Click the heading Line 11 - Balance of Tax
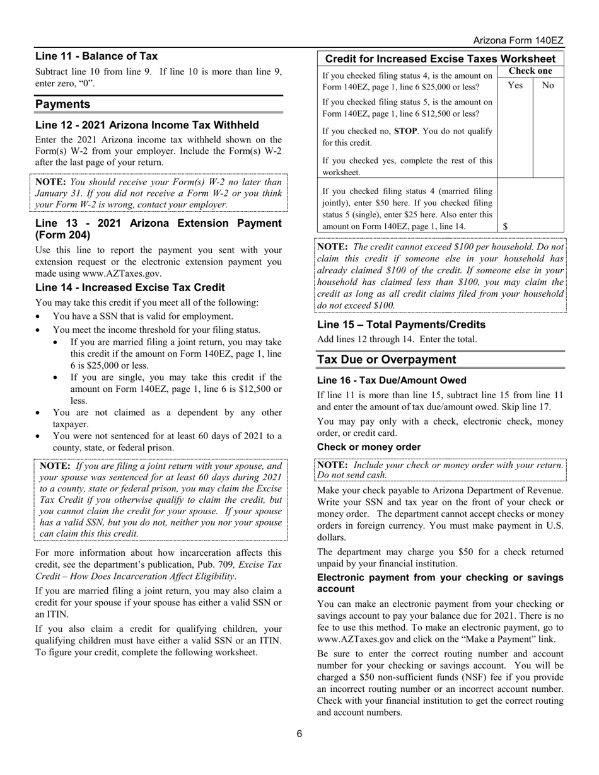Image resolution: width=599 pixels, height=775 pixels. point(96,56)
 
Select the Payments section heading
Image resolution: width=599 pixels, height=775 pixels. point(62,104)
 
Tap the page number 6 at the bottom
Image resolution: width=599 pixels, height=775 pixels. point(299,733)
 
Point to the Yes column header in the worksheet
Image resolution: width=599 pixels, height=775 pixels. point(515,85)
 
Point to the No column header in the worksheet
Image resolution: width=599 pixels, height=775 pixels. point(548,85)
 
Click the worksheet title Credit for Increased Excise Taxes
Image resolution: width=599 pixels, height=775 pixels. point(439,58)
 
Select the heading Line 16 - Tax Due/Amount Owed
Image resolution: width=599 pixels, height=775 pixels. point(392,380)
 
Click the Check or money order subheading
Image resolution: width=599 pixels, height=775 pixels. point(369,447)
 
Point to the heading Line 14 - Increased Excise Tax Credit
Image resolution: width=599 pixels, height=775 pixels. point(130,287)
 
